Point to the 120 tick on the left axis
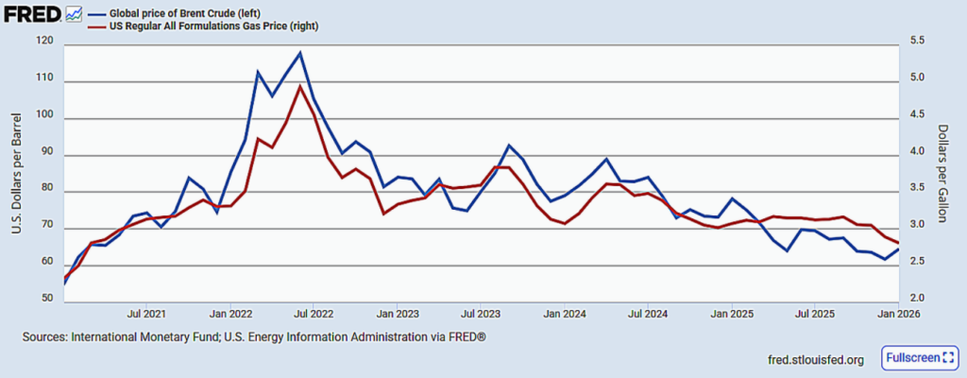(x=42, y=43)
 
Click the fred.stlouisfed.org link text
(x=817, y=360)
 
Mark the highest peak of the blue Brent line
(x=299, y=53)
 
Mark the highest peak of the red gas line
(x=299, y=87)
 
